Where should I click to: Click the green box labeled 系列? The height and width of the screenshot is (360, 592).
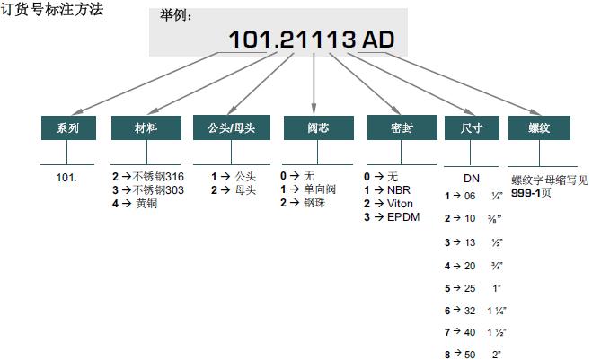point(68,127)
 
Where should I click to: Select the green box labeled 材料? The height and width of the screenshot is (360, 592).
point(146,127)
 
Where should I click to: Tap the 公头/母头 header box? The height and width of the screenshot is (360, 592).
point(232,127)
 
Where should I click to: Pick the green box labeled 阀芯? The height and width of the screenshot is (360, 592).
point(318,127)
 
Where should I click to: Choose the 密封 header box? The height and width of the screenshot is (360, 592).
point(402,127)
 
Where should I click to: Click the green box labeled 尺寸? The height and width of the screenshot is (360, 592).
point(472,127)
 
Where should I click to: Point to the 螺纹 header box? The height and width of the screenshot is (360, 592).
point(539,127)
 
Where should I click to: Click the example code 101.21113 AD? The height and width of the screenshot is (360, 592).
point(312,40)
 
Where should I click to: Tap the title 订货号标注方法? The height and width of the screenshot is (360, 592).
point(52,10)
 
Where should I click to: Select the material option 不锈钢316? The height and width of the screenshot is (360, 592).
point(158,177)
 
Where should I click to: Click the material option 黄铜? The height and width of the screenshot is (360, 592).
point(146,204)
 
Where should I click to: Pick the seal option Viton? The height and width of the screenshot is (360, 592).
point(400,204)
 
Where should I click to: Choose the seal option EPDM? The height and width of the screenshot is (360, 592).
point(403,217)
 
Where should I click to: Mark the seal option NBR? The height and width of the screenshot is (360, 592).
point(399,189)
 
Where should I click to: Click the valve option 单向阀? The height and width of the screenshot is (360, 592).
point(320,189)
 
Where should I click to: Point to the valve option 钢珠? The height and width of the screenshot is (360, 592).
point(314,203)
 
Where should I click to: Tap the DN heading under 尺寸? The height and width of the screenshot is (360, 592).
point(472,178)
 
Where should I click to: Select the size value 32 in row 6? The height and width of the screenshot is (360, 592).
point(470,311)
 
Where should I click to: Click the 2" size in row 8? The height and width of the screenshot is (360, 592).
point(497,355)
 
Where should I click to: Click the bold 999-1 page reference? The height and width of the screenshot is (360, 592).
point(526,193)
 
